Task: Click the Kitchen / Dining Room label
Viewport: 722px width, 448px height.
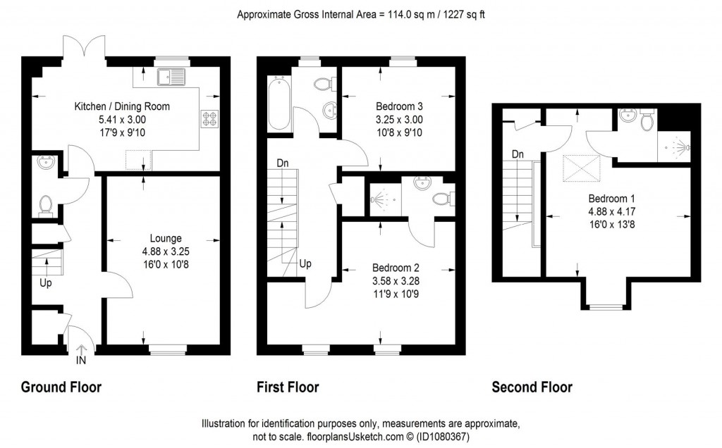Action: pos(122,107)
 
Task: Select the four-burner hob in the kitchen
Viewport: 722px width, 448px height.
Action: pos(210,119)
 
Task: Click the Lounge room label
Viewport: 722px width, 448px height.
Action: pos(166,238)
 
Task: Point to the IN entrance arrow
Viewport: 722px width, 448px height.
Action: pos(80,350)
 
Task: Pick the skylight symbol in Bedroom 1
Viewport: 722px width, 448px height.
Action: pos(575,168)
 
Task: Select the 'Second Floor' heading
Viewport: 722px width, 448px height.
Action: pos(532,387)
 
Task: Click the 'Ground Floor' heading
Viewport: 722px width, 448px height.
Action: pos(61,387)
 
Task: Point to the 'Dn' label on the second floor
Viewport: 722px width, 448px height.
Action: pos(518,154)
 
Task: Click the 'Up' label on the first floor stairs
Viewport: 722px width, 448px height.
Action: pos(306,263)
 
